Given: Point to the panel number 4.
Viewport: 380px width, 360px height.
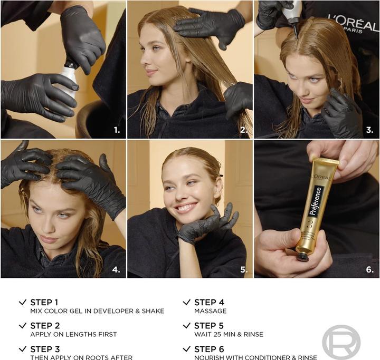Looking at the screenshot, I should point(116,269).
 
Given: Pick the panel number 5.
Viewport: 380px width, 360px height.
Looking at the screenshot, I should point(243,269).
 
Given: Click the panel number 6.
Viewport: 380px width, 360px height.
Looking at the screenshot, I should point(369,269).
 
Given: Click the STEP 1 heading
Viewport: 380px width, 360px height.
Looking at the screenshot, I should point(44,302).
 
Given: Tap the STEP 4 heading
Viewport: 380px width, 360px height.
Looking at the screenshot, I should point(209,302).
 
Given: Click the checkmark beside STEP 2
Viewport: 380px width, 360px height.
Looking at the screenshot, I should point(22,326).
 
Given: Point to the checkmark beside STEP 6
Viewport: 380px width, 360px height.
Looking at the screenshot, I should point(186,349).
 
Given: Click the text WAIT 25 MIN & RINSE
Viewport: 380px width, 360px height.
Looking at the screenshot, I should point(229,335).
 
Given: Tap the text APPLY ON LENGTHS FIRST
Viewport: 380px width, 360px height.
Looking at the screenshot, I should point(73,335).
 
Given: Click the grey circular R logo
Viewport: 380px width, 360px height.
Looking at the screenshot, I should point(341,342).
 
